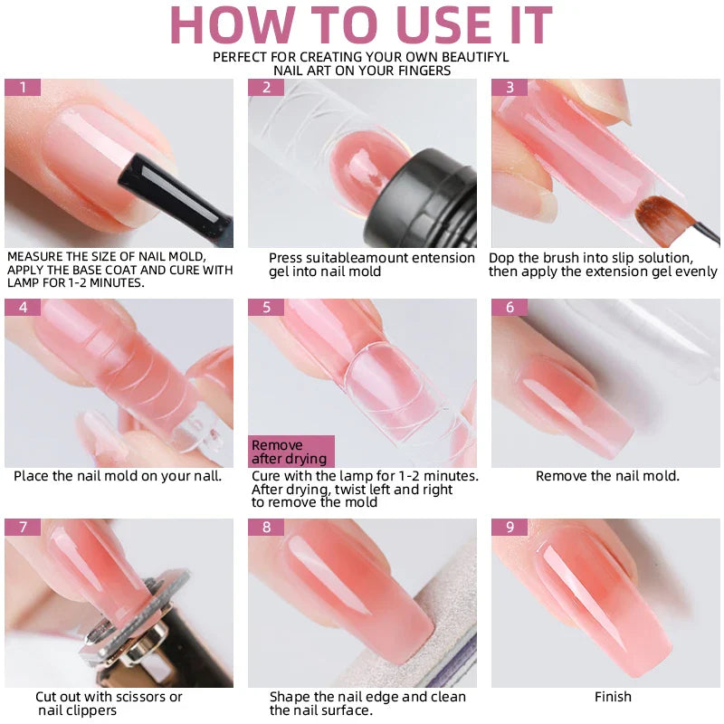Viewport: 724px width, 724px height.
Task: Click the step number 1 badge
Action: (x=23, y=88)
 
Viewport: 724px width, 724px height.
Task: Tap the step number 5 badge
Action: (x=266, y=308)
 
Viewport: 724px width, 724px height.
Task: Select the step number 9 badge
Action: (x=510, y=527)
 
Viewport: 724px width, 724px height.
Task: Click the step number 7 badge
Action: (x=23, y=527)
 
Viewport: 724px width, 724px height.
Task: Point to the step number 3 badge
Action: (x=510, y=88)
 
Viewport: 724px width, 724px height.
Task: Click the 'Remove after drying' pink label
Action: (x=291, y=452)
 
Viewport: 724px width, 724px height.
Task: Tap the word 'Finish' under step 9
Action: (x=613, y=697)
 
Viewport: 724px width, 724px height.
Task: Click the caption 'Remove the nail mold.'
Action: (x=607, y=476)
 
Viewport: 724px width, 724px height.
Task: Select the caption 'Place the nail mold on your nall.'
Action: (x=118, y=476)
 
